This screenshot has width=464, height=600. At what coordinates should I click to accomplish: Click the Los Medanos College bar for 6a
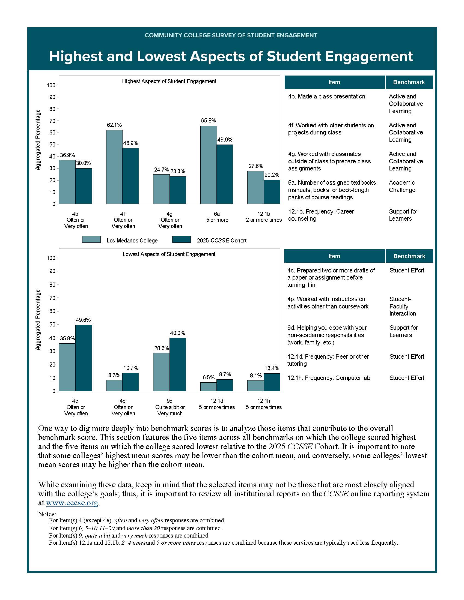(208, 165)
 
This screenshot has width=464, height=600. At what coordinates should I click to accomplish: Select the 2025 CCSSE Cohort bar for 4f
(130, 176)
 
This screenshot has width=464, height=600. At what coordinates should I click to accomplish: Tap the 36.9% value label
(67, 155)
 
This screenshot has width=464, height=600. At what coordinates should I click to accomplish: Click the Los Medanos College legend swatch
(91, 239)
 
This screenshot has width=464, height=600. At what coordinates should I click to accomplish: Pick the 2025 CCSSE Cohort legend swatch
(182, 239)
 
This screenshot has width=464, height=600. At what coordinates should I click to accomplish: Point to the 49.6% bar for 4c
(83, 358)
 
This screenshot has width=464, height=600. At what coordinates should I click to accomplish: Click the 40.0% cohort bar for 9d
(178, 364)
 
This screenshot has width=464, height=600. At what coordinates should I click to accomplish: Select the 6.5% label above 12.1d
(208, 377)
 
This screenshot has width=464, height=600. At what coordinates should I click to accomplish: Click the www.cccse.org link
(72, 503)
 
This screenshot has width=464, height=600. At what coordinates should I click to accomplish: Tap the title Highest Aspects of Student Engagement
(169, 81)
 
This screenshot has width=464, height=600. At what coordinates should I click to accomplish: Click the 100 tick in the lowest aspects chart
(51, 258)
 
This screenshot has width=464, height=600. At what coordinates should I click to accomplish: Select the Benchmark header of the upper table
(409, 82)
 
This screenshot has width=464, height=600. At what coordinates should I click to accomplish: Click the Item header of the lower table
(334, 256)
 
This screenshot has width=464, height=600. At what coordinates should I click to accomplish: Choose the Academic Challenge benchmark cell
(402, 186)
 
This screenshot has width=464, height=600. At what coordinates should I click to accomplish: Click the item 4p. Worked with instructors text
(328, 302)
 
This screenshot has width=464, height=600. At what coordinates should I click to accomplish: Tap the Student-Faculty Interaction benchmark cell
(402, 306)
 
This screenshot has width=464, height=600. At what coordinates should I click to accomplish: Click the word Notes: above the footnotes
(47, 514)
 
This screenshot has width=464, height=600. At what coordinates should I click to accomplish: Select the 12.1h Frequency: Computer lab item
(328, 378)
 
